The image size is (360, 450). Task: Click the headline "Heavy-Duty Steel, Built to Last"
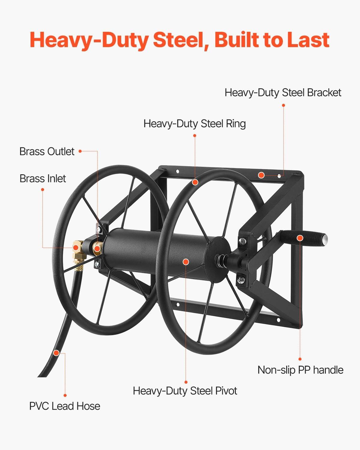click(180, 40)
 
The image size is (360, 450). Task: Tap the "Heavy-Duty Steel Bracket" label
click(283, 92)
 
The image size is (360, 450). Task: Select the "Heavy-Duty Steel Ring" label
click(194, 124)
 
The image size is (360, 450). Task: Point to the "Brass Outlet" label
click(47, 151)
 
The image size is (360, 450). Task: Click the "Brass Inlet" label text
click(43, 178)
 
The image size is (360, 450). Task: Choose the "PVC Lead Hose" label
click(64, 406)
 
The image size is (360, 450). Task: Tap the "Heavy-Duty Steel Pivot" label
click(185, 391)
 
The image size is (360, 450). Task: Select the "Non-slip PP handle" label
click(300, 370)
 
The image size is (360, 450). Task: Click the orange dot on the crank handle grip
click(300, 238)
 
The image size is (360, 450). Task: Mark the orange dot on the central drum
click(186, 262)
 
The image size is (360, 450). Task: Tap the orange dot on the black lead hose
click(56, 353)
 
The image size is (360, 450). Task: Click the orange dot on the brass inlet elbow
click(76, 247)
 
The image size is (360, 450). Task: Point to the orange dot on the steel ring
click(195, 182)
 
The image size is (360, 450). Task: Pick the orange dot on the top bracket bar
click(262, 175)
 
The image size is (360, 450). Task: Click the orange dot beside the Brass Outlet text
click(80, 151)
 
